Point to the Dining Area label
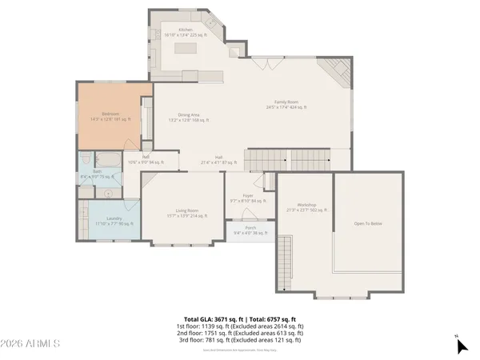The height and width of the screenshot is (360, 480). [189, 117]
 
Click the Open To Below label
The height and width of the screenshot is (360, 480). [369, 224]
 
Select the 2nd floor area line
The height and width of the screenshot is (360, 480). [240, 332]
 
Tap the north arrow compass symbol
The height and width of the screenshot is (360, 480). [461, 346]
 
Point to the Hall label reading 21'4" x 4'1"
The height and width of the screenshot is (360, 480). [218, 159]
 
